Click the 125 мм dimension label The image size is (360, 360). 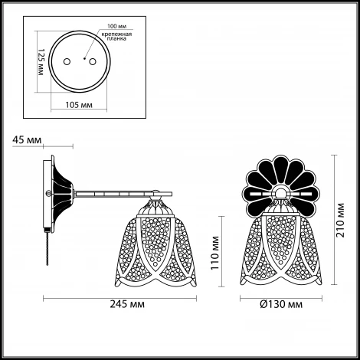coord(41,62)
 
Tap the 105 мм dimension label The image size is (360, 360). coord(79,105)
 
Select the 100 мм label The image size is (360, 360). coord(116,26)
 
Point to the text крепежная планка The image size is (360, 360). coord(116,37)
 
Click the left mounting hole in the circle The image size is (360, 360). coord(67,62)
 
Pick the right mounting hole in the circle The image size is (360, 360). coord(93,62)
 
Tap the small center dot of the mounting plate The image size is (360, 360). coord(84,59)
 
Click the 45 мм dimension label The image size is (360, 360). coord(27,140)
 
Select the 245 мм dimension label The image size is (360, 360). coord(127,304)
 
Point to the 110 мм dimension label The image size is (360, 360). coord(215,253)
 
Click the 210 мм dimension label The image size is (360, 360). coord(340,220)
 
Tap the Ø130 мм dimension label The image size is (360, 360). coord(281,304)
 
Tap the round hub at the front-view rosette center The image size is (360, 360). coord(281,193)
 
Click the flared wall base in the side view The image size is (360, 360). coord(61,194)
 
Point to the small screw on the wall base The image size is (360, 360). coord(47,193)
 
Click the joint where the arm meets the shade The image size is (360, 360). coord(155,197)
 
